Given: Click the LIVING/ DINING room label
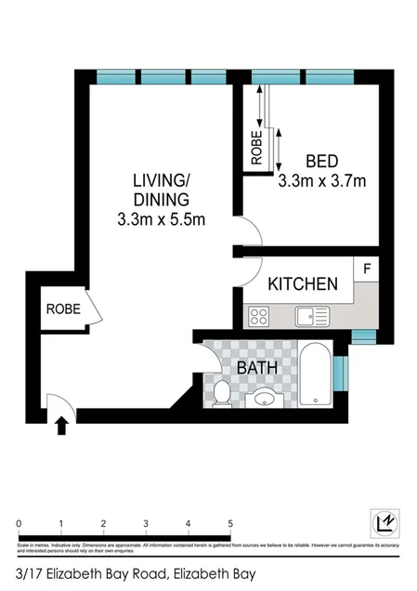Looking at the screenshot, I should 161,190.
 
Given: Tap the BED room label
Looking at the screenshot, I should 321,160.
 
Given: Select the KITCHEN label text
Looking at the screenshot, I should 303,284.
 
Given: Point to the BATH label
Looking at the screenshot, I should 257,368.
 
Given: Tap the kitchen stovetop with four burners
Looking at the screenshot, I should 260,317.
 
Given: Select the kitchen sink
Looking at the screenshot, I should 313,317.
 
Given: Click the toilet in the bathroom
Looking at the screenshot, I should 221,394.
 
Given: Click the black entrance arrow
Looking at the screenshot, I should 62,427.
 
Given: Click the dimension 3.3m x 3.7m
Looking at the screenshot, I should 321,181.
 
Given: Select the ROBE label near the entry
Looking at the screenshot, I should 63,310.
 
